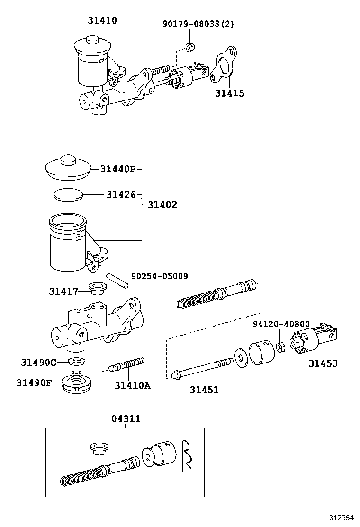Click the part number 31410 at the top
tap(102, 20)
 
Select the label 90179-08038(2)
tap(192, 24)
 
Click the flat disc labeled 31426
tap(68, 194)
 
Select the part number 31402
tap(162, 205)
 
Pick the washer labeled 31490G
tap(74, 363)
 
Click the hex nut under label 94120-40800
tap(280, 347)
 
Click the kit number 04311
tap(126, 419)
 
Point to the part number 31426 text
tap(121, 194)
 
